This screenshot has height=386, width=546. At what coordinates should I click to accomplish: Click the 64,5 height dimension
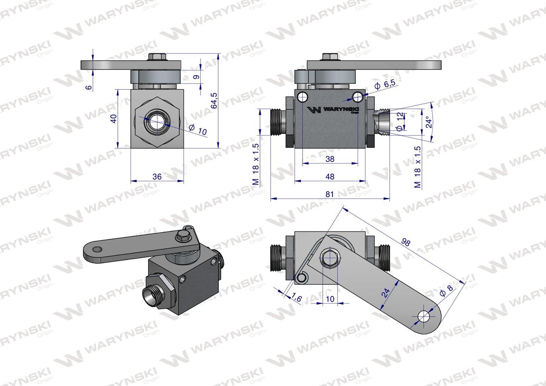tap(214, 101)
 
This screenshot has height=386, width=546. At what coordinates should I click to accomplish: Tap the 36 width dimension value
tap(157, 177)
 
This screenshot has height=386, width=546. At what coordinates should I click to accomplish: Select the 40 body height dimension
tap(114, 119)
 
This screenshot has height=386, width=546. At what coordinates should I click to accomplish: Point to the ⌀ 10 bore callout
tap(198, 130)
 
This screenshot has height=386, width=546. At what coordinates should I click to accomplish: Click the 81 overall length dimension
tap(330, 194)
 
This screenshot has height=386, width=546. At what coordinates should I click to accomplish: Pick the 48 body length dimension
tap(330, 177)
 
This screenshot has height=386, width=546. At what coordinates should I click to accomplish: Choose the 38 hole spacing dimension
tap(330, 159)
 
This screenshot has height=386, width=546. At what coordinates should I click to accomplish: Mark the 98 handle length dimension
tap(406, 242)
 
